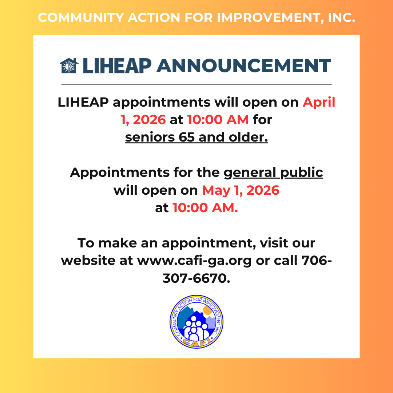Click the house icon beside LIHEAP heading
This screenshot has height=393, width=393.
(x=69, y=65)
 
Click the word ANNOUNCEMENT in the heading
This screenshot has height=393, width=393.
(x=243, y=66)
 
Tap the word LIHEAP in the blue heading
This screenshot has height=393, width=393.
(x=117, y=66)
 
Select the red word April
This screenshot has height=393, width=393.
(x=319, y=103)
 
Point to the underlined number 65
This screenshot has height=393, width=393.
(x=186, y=137)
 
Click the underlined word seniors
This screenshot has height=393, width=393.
(x=150, y=137)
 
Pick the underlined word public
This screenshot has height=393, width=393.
(x=302, y=173)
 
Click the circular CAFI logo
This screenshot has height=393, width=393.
(x=196, y=322)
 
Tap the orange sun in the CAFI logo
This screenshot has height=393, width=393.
(x=208, y=310)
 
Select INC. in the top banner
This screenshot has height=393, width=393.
(x=342, y=18)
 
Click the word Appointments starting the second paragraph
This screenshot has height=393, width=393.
(x=120, y=173)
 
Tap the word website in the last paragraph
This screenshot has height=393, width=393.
(x=88, y=261)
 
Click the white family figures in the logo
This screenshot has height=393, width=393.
(x=196, y=329)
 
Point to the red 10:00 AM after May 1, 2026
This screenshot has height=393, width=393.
(x=205, y=208)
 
